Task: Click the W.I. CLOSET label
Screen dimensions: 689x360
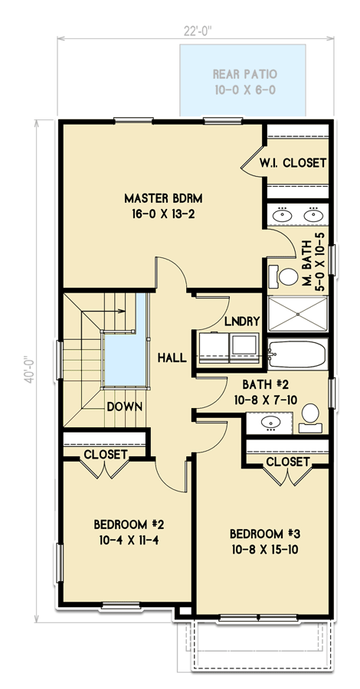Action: (293, 163)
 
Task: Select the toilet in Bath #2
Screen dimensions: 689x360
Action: (309, 414)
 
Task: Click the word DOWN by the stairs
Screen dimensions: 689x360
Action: (123, 406)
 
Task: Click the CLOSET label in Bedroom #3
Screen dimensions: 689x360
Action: (288, 462)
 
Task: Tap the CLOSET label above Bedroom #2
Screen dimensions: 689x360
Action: (105, 454)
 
